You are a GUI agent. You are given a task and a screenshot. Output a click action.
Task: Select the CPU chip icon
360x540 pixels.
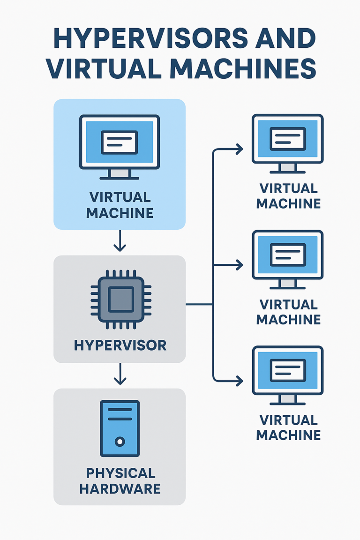click(120, 299)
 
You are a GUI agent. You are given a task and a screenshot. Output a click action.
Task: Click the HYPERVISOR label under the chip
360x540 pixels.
click(120, 346)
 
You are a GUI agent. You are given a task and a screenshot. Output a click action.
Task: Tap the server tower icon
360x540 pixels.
click(120, 428)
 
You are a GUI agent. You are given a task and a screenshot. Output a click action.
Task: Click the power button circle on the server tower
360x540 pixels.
click(120, 442)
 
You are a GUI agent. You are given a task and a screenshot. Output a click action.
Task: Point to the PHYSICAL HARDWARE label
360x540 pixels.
click(120, 480)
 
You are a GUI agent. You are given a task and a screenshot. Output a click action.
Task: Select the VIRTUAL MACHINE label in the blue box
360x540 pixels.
click(120, 205)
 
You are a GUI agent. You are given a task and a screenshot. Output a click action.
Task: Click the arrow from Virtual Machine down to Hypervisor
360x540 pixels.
click(120, 241)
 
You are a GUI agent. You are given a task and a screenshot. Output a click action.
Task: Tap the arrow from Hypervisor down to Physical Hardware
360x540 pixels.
click(120, 375)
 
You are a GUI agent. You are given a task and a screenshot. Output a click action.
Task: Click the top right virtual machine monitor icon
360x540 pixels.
click(288, 142)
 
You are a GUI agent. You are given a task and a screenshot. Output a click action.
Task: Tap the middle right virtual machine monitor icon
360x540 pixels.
click(288, 258)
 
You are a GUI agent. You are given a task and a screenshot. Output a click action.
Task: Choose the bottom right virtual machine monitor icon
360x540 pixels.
click(288, 374)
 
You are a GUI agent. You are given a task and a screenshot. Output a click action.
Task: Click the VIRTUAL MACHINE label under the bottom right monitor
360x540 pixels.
click(288, 427)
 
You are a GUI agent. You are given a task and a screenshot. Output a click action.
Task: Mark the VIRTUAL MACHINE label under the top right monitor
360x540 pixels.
click(288, 196)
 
